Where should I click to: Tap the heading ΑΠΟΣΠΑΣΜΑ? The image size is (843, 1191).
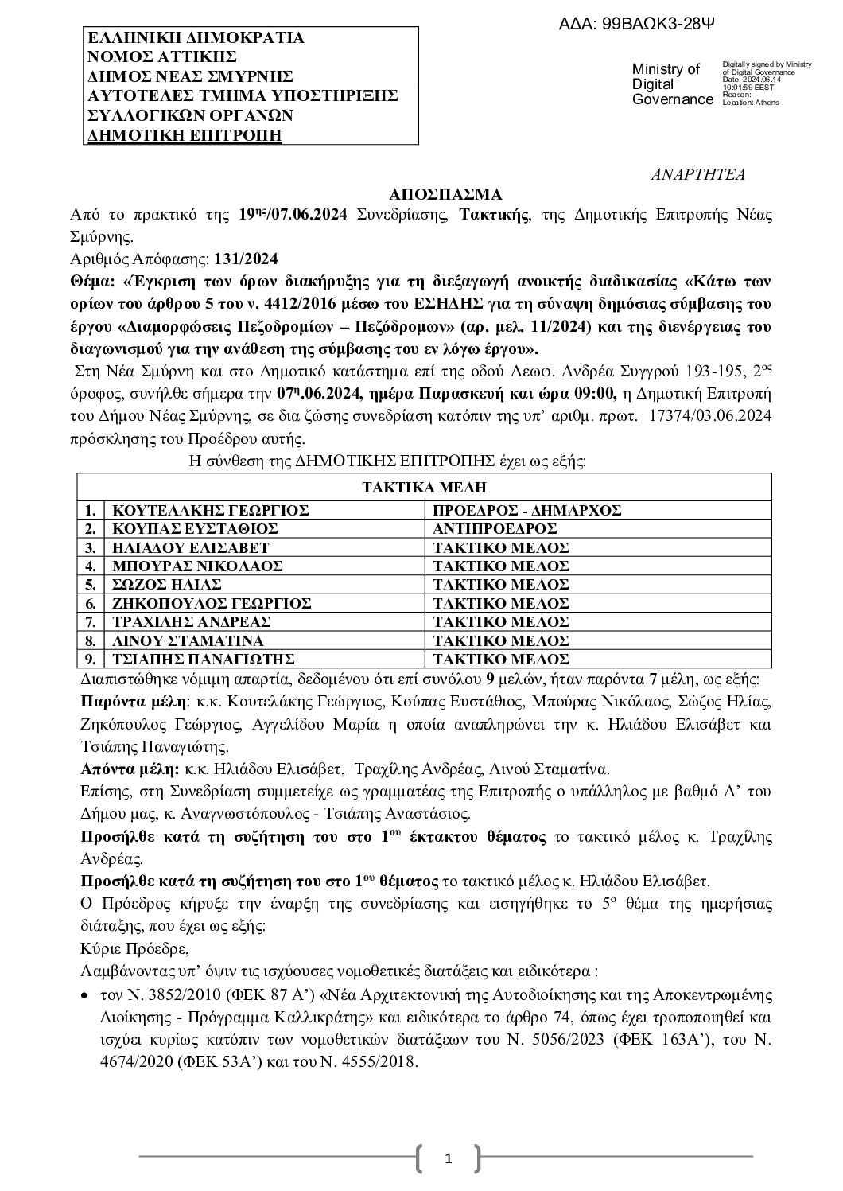(x=445, y=195)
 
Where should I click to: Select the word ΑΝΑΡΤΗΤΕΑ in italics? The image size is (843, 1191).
(x=697, y=175)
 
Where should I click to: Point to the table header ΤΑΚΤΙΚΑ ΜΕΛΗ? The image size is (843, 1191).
(x=424, y=488)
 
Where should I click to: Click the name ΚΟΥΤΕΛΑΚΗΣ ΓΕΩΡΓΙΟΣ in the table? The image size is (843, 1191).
(x=210, y=511)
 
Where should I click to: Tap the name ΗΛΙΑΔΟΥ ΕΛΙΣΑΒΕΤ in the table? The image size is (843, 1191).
(x=191, y=547)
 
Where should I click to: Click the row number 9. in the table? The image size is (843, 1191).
(x=91, y=659)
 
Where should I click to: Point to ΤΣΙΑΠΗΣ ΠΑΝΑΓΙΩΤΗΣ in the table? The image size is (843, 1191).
(x=204, y=659)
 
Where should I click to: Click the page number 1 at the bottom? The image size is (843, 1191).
(x=448, y=1159)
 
